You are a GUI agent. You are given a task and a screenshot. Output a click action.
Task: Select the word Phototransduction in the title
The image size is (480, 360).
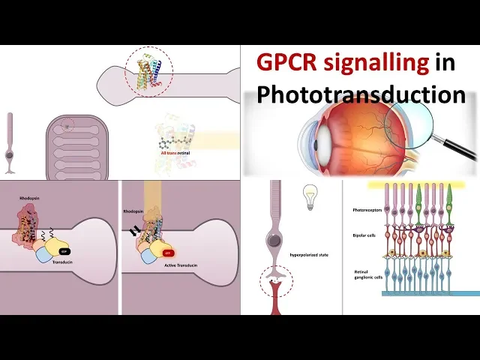(360, 94)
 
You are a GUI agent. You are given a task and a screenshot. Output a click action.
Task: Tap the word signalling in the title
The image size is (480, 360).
(380, 63)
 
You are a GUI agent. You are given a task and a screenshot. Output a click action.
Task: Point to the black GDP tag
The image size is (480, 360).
(65, 252)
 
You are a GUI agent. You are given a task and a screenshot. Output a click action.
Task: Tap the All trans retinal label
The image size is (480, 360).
(177, 153)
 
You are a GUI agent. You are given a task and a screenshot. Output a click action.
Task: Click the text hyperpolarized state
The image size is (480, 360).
(309, 255)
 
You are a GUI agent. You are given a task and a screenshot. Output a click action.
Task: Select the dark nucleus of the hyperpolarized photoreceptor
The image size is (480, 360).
(275, 241)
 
